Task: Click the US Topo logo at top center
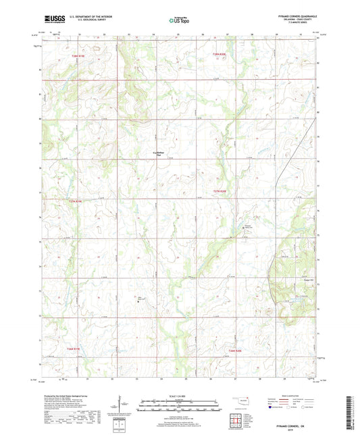tap(179, 21)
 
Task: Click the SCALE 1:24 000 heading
tap(180, 395)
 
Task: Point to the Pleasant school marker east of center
tap(245, 228)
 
